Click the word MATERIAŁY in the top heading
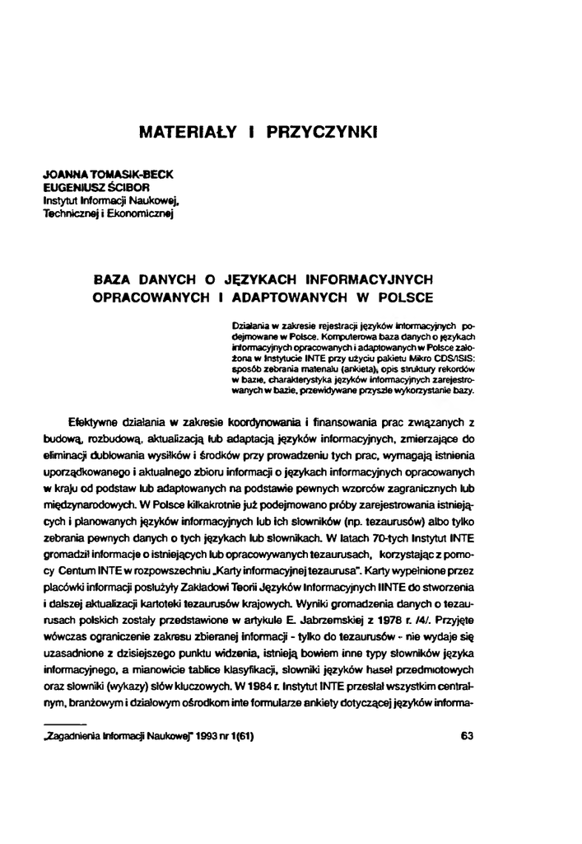(x=184, y=130)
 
